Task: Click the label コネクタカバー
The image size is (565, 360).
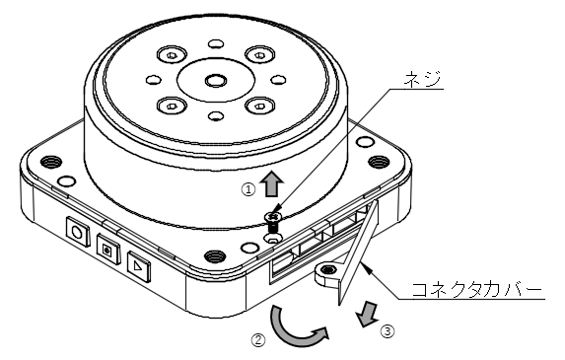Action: click(x=476, y=289)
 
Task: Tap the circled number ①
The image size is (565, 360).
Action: click(x=248, y=189)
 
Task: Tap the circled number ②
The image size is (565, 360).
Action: click(x=258, y=340)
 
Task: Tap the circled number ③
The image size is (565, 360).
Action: click(x=388, y=331)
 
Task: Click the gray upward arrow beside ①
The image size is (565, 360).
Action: click(x=273, y=183)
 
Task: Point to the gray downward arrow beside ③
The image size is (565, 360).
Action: click(x=368, y=315)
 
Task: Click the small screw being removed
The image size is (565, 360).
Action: click(x=273, y=222)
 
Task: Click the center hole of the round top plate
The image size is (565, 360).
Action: click(x=216, y=80)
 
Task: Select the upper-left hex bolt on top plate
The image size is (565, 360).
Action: click(x=172, y=55)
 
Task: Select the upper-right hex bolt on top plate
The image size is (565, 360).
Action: click(x=259, y=55)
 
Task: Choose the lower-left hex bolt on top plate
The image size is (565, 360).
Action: click(x=172, y=106)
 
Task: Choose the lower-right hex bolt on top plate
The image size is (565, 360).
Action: click(x=259, y=106)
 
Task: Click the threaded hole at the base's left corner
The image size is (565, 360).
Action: click(x=49, y=162)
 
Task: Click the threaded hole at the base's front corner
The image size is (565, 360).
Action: click(x=215, y=256)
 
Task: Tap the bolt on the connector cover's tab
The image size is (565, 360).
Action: click(x=328, y=269)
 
